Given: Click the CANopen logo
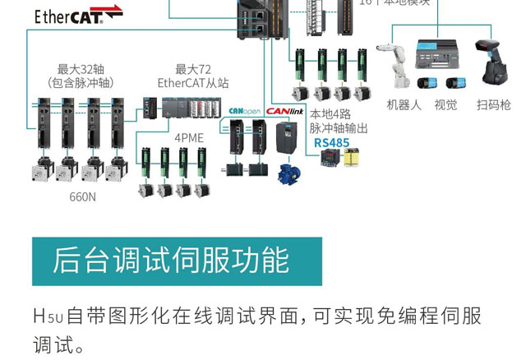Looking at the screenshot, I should (244, 110).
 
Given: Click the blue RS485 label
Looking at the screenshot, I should (332, 142).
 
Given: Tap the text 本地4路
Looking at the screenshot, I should (332, 114).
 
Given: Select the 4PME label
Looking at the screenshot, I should (188, 137).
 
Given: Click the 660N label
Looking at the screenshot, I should (82, 196).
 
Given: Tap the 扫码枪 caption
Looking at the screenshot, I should (493, 105).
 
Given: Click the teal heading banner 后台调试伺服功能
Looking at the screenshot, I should (177, 261).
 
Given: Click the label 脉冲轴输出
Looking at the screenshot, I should (338, 128).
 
